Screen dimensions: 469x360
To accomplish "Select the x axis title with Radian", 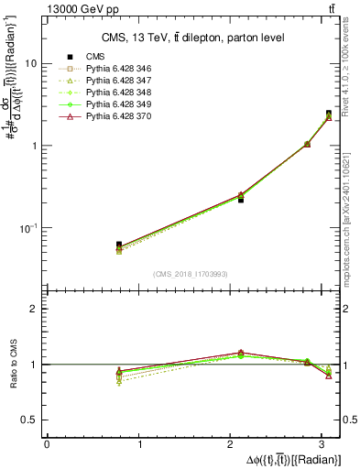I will pos(286,458).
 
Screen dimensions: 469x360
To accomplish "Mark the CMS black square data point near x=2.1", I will pos(241,199).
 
